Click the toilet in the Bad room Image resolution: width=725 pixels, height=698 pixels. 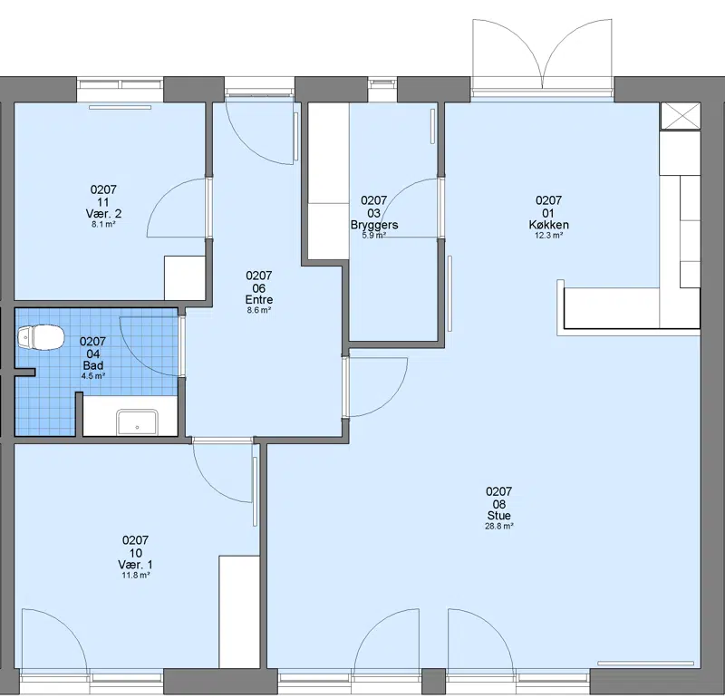tap(40, 336)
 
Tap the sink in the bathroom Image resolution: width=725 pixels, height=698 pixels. tap(137, 422)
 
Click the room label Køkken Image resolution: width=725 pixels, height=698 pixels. tap(549, 225)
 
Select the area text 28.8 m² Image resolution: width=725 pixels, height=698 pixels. tap(499, 527)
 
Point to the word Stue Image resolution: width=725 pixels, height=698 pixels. tap(499, 516)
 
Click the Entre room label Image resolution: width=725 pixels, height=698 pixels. tap(259, 300)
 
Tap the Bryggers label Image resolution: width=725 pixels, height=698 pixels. tap(374, 226)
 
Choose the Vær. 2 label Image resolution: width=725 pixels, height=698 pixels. tap(103, 214)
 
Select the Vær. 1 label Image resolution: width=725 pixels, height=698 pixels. tap(135, 565)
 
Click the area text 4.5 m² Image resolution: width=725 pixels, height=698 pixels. tap(93, 376)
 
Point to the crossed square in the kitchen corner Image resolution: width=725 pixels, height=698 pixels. tap(681, 116)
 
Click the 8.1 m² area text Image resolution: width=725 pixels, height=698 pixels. tap(103, 224)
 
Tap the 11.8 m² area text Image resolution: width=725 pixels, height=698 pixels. tap(135, 576)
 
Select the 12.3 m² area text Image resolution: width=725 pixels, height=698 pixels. tap(549, 236)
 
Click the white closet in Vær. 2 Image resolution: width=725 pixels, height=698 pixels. tap(185, 277)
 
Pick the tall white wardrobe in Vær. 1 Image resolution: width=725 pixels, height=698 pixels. tap(238, 612)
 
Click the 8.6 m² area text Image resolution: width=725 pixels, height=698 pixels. tap(259, 310)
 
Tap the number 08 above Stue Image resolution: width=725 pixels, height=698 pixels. tap(499, 504)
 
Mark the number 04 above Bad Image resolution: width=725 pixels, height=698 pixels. tap(93, 354)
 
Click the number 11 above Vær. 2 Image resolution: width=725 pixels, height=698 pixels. tap(103, 202)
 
